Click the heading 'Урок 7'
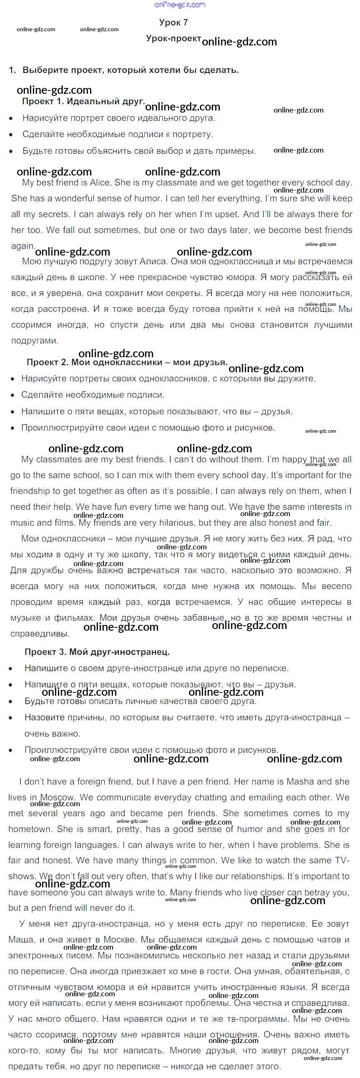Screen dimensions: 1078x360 pyautogui.click(x=173, y=23)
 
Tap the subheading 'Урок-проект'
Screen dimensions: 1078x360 pyautogui.click(x=173, y=38)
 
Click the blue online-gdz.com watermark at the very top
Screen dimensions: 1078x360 pyautogui.click(x=180, y=5)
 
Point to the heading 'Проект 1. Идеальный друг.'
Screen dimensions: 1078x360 pyautogui.click(x=83, y=101)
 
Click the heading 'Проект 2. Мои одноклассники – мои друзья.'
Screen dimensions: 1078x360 pyautogui.click(x=127, y=362)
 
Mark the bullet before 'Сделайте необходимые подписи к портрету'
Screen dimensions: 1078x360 pyautogui.click(x=11, y=135)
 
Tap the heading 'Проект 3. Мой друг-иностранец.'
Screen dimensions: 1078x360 pyautogui.click(x=97, y=652)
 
